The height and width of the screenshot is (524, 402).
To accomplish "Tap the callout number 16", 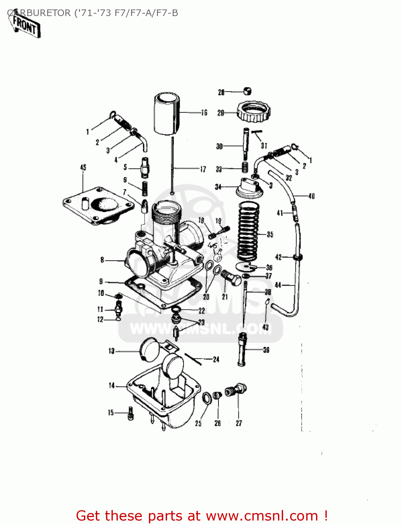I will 204,112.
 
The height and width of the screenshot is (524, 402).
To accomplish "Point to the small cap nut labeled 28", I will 247,91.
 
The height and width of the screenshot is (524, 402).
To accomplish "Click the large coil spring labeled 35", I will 248,231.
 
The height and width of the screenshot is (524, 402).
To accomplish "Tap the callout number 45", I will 83,168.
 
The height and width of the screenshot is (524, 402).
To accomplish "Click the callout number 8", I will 102,260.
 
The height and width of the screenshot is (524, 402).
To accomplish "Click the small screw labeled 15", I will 130,413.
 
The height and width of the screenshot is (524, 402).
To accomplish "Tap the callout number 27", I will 239,423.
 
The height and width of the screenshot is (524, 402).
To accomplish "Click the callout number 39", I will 266,350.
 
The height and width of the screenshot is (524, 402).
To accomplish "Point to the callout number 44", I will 278,285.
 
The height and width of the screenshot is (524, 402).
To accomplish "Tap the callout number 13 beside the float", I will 112,351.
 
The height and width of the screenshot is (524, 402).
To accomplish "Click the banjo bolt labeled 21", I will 231,278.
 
